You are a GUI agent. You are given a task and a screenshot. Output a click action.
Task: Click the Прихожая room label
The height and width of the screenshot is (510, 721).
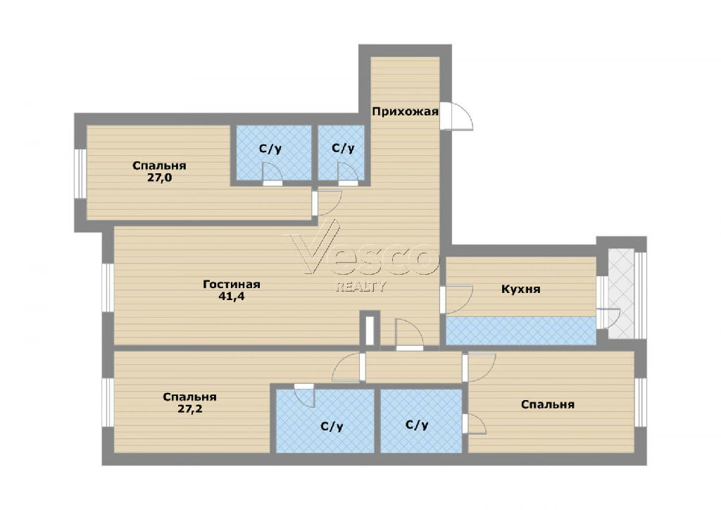pos(405,112)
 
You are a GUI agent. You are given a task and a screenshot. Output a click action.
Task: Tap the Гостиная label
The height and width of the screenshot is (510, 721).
pos(232,285)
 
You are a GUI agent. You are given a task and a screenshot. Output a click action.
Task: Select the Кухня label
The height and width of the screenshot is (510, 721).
pos(520,290)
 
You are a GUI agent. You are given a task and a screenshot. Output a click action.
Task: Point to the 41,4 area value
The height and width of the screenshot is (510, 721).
pos(232,297)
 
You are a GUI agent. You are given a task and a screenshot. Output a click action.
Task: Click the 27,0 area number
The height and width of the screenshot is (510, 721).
pos(160,178)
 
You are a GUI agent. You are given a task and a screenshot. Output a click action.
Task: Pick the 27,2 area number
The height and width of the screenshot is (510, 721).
pos(190,409)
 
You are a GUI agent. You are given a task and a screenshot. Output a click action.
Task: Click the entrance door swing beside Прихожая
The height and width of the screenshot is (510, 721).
pos(456,116)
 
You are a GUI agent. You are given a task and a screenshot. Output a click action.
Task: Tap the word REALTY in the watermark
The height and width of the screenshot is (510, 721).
pos(361,287)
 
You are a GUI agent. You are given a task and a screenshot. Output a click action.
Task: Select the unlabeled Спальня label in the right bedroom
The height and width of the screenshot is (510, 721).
pos(548,404)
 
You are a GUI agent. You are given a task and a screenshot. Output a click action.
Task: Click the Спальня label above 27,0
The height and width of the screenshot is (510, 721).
pos(160,166)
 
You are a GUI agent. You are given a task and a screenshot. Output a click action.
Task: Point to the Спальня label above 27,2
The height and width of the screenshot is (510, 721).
pos(190,397)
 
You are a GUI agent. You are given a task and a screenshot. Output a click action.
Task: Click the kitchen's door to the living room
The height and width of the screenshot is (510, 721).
pos(456,299)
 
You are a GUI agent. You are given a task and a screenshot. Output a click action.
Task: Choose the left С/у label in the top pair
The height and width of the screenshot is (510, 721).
pos(270,149)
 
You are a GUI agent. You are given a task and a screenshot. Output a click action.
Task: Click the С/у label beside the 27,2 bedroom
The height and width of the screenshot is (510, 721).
pos(332,427)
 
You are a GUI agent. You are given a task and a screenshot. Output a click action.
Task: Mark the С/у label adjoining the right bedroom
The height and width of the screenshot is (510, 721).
pos(417,425)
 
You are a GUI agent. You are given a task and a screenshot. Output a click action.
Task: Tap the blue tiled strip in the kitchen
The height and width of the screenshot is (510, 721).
pos(521,330)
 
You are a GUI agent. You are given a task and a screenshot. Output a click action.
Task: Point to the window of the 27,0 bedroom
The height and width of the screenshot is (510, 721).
pos(80,174)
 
